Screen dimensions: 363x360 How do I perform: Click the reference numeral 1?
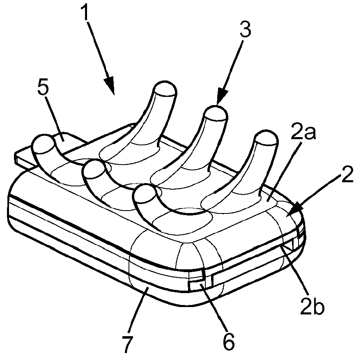[85, 13]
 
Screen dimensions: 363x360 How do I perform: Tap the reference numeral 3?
[245, 30]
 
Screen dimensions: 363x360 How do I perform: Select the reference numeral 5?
[43, 88]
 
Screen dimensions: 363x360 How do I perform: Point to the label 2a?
[303, 132]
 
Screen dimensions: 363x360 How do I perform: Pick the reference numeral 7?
[128, 345]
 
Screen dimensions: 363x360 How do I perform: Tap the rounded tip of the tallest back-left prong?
[165, 89]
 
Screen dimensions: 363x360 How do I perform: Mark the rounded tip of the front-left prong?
[43, 143]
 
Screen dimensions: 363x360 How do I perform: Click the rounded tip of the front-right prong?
[144, 194]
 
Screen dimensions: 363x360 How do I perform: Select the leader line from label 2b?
[295, 271]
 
